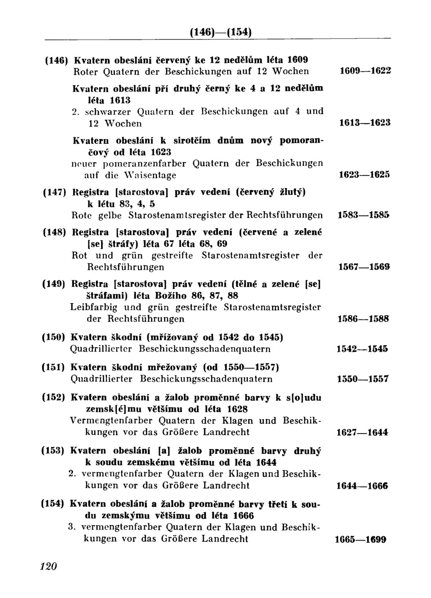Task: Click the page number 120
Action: pyautogui.click(x=48, y=567)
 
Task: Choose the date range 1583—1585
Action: pyautogui.click(x=364, y=216)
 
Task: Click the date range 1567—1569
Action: pyautogui.click(x=364, y=268)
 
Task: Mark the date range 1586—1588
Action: pyautogui.click(x=364, y=319)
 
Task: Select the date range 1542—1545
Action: pyautogui.click(x=363, y=349)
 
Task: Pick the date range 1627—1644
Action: pyautogui.click(x=363, y=433)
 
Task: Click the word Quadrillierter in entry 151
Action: pyautogui.click(x=102, y=379)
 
